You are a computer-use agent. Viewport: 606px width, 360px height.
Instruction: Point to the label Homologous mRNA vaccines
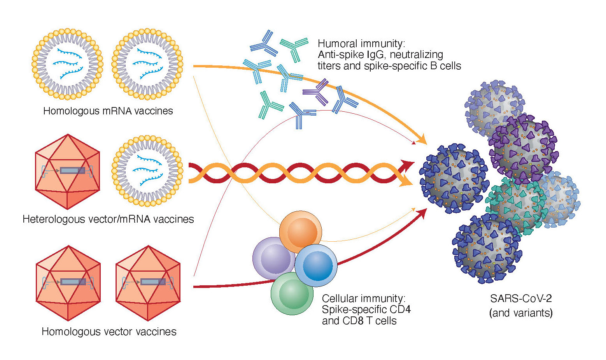pos(108,111)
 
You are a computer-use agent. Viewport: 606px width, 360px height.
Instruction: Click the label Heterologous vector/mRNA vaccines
pos(108,219)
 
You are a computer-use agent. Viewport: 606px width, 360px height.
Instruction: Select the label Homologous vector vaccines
pos(109,332)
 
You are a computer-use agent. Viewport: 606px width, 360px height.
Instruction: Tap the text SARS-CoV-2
pos(521,299)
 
